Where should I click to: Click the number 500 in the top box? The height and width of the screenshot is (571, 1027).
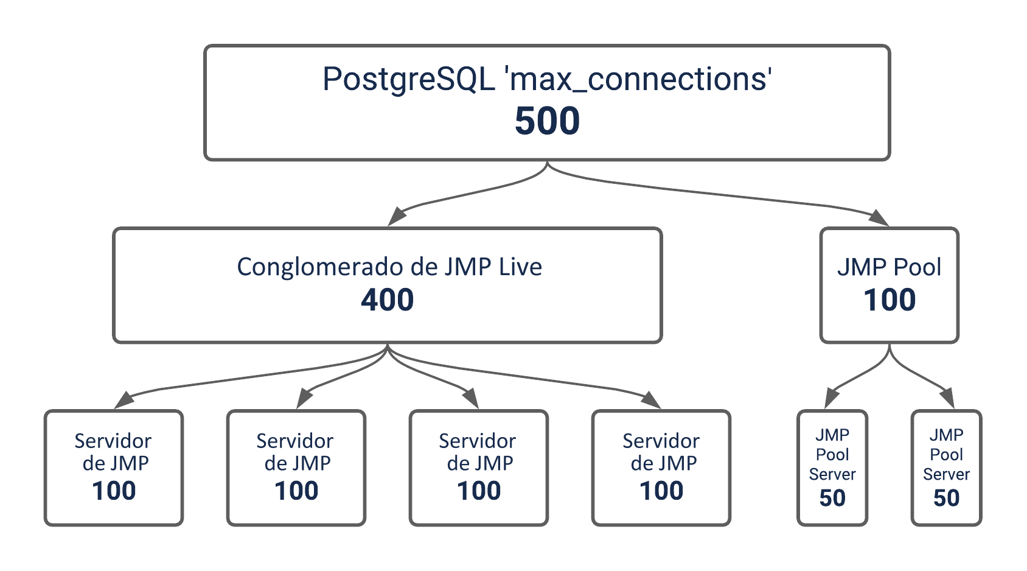547,121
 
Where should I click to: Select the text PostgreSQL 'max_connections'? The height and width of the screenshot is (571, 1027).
547,79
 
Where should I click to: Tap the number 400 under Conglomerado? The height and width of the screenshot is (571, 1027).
388,300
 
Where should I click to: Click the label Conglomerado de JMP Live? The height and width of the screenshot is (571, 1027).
389,267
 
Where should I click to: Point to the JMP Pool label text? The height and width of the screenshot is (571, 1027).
889,267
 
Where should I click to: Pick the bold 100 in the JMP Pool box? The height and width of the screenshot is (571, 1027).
889,300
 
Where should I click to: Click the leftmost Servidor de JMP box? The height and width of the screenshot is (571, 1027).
114,468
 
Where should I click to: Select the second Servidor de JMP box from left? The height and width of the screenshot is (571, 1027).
296,468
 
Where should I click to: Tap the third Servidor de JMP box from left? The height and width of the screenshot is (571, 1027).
479,468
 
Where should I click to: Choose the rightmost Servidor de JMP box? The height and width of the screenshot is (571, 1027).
661,468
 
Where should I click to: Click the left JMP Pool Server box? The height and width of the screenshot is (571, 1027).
832,468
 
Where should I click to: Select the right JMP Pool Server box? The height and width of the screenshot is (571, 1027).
946,468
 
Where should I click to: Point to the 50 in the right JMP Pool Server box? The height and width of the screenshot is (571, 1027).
946,498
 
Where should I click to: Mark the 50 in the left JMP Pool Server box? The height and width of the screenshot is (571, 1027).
832,498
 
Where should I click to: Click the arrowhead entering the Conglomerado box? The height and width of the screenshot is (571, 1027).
397,217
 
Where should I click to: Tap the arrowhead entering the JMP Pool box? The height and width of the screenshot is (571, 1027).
879,217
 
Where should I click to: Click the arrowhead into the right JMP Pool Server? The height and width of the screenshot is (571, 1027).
948,398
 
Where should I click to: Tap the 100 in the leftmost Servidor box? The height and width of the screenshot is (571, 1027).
114,491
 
